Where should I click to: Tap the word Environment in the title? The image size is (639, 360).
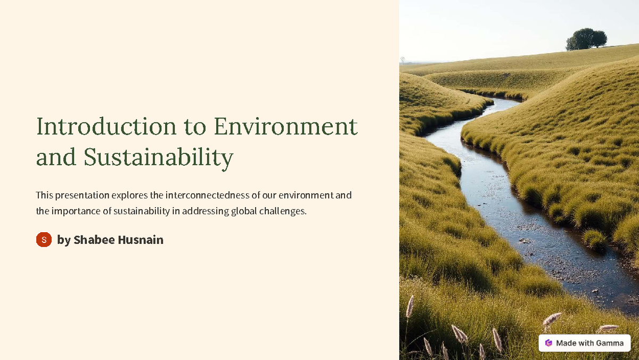coord(285,127)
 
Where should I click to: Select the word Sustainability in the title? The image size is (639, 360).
coord(158,158)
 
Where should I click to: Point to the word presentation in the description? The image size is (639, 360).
coord(83,195)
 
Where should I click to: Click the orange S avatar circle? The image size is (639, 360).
coord(44,240)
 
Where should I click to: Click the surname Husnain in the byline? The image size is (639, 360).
coord(141,240)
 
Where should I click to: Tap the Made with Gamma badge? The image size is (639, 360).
coord(584,343)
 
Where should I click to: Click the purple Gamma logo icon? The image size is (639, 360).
coord(548,343)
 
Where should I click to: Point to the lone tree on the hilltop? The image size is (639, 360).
coord(586,39)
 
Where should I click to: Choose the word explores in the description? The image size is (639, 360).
coord(130,195)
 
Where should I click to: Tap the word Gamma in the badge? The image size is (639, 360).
coord(610,343)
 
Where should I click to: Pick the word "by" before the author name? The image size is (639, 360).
coord(63,240)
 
